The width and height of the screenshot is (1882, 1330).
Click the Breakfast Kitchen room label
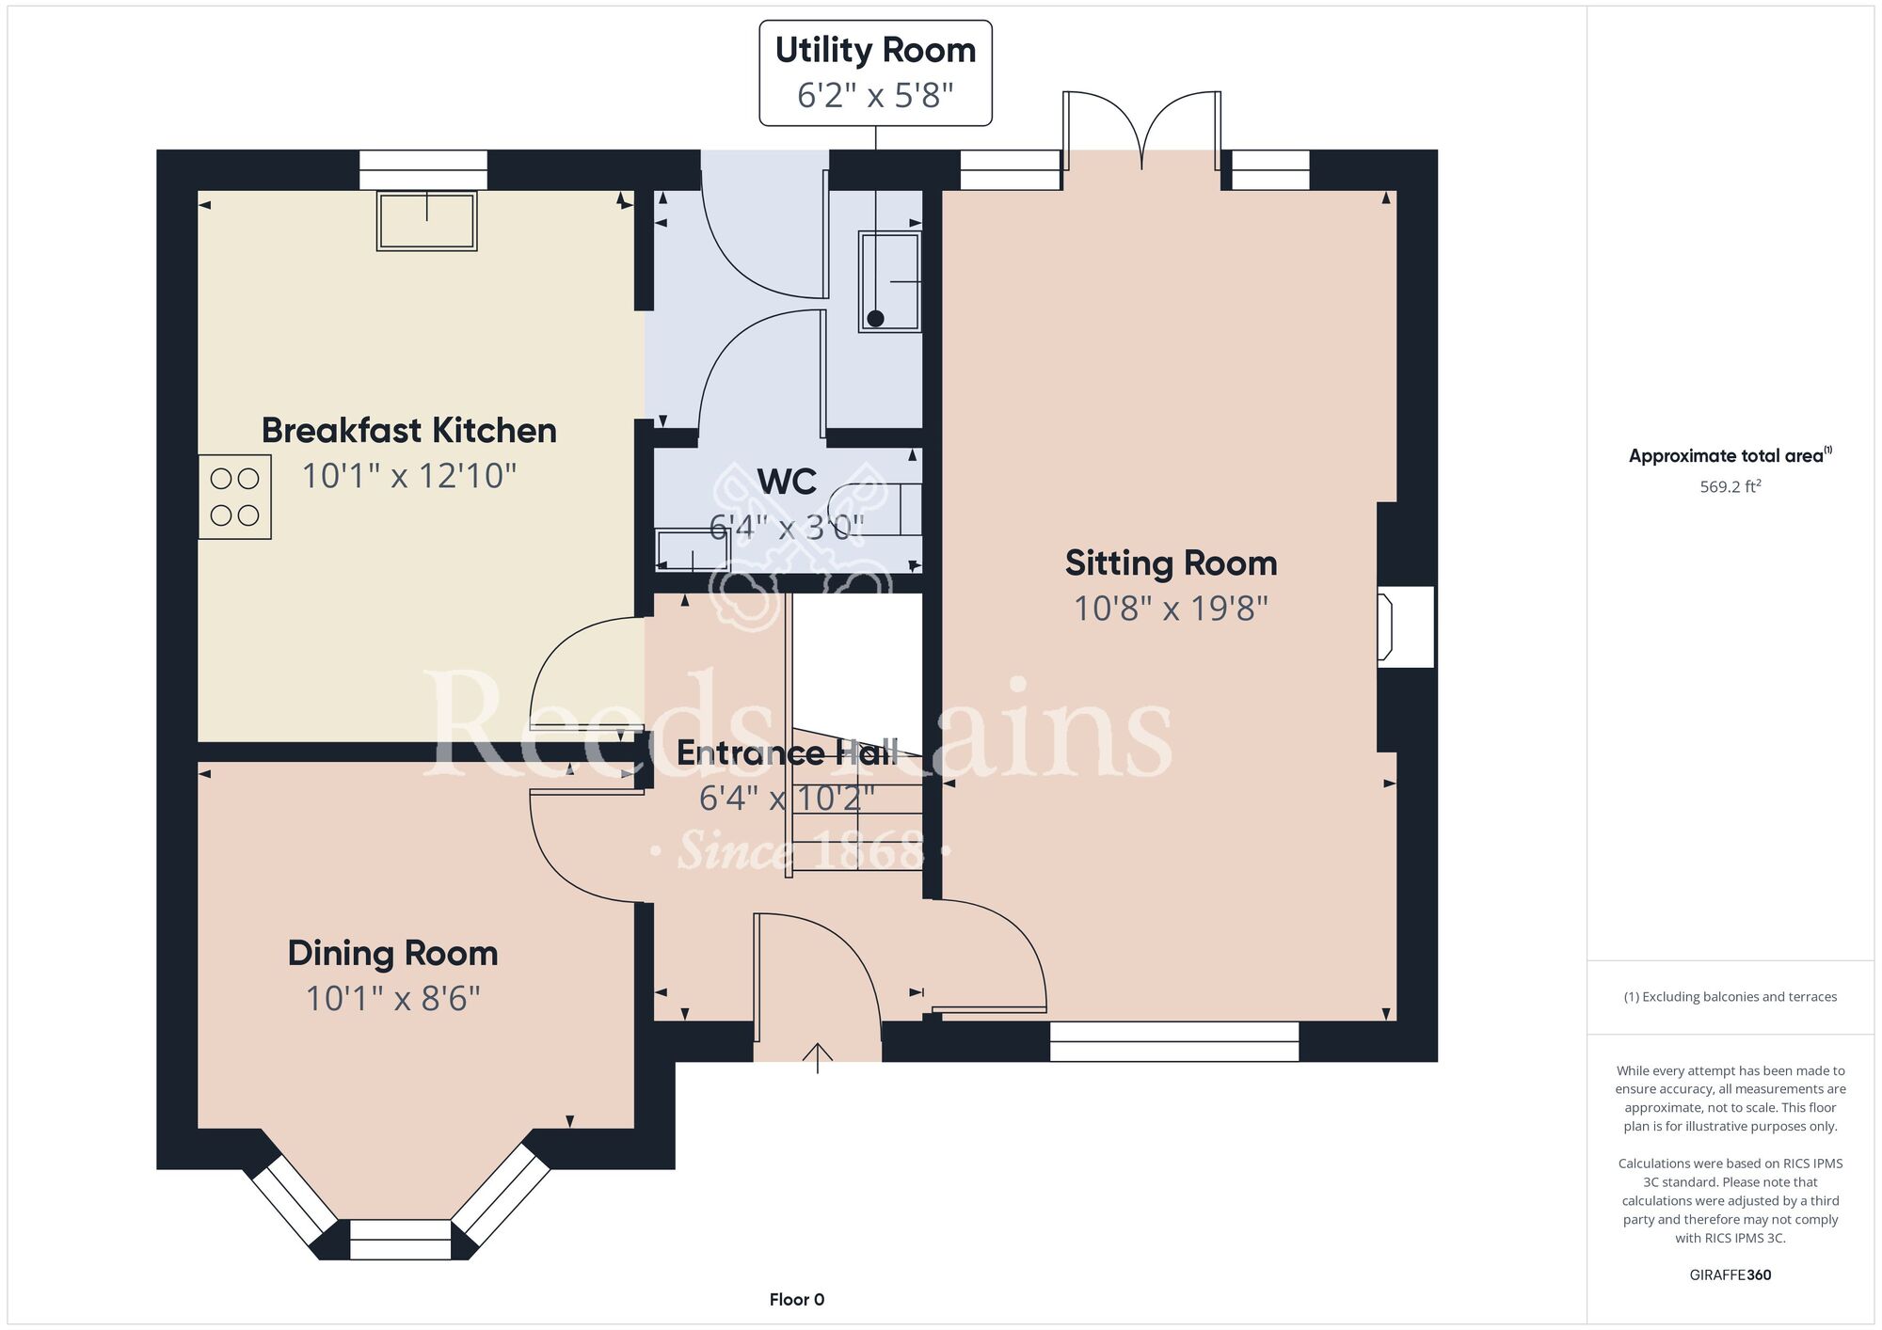click(409, 431)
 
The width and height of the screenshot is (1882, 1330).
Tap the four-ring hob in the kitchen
click(235, 497)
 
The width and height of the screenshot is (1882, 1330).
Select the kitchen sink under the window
click(427, 221)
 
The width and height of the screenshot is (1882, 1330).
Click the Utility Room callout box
click(876, 72)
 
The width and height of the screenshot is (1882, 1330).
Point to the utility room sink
click(889, 281)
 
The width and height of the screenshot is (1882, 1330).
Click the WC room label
click(787, 482)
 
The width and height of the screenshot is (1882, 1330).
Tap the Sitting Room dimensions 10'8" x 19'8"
click(1172, 609)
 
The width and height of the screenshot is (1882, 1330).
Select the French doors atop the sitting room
click(1142, 132)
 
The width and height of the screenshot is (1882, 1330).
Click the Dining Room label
click(393, 953)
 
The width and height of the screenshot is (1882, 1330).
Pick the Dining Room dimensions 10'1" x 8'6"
click(393, 998)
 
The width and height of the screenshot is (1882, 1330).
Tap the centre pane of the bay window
click(401, 1240)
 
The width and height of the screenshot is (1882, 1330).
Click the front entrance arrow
click(818, 1057)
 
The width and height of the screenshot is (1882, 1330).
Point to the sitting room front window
click(1174, 1041)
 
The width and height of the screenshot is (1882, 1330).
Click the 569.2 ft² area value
click(1730, 486)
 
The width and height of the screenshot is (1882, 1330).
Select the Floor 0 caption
click(797, 1300)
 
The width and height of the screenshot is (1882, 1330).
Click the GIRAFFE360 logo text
click(1730, 1275)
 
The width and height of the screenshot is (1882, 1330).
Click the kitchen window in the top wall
click(423, 170)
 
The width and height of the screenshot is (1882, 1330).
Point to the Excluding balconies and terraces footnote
click(1730, 997)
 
